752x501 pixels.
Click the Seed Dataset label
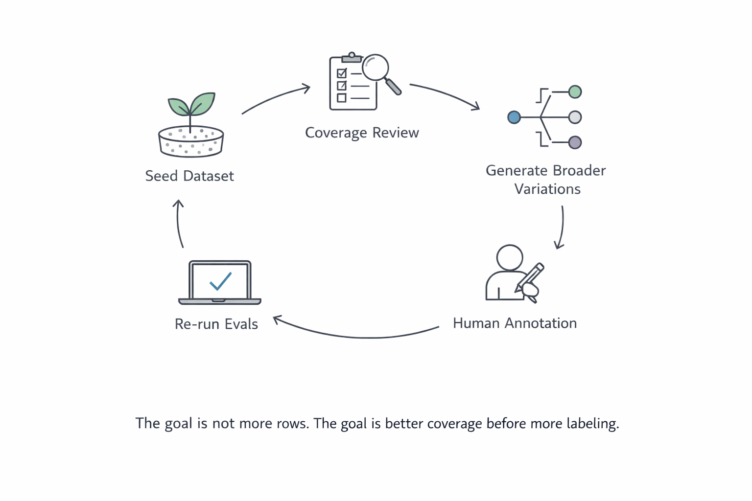pos(189,176)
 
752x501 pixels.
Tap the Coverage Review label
pos(362,133)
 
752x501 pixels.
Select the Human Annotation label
pos(515,323)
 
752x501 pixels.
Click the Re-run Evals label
pos(216,324)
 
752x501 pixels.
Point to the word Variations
pos(547,189)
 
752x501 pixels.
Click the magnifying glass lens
pos(376,67)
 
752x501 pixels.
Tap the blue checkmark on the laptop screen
pos(220,281)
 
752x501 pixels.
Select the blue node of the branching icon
pos(514,117)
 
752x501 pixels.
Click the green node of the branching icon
pos(575,91)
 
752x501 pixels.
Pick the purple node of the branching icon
pos(575,142)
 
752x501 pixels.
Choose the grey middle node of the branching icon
pos(575,117)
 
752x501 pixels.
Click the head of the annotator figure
pos(509,257)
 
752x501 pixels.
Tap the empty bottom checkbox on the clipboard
pos(342,98)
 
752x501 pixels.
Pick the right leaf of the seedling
pos(203,103)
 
